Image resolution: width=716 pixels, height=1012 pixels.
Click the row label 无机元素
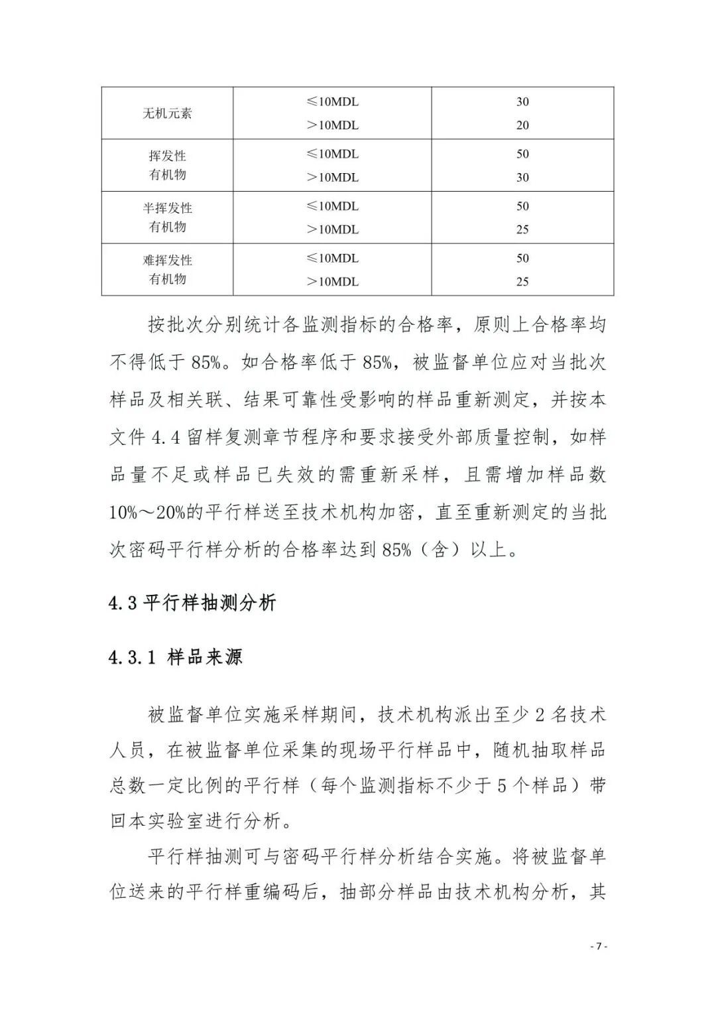[x=167, y=113]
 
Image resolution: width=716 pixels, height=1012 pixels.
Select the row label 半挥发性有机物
[x=167, y=218]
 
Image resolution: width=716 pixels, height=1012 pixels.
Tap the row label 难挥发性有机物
[x=167, y=269]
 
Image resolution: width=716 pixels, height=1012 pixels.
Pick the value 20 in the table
[x=522, y=125]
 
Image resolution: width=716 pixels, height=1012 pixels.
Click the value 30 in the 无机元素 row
[x=522, y=102]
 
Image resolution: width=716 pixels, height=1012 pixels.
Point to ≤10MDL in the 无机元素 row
[x=332, y=102]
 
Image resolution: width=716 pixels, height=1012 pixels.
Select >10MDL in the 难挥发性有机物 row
[x=332, y=282]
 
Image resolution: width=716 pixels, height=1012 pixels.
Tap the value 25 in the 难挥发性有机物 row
[x=522, y=282]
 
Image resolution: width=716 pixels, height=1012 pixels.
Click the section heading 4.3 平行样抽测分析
[x=192, y=603]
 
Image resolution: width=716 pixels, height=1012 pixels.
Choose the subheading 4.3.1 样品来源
[x=176, y=657]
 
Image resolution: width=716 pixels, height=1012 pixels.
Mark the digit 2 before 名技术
[x=540, y=715]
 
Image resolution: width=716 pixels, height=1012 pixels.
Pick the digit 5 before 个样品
[x=502, y=786]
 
